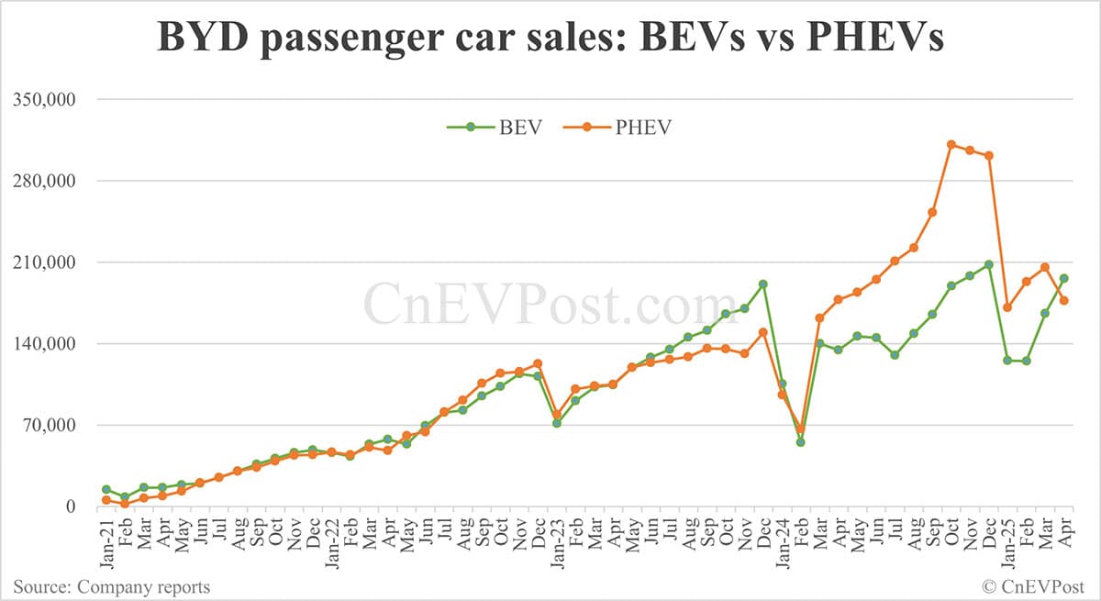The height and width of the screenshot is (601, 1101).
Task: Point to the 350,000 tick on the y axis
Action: [53, 99]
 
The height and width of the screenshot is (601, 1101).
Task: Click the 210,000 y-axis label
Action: [53, 262]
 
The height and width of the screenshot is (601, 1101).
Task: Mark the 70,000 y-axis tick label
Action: [57, 425]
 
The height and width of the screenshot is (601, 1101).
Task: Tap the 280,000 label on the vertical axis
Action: [53, 181]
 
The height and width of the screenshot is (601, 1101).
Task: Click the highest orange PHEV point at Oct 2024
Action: [951, 144]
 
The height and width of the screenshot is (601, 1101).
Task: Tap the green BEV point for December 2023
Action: [763, 284]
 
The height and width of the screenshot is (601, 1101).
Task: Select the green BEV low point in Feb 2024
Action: [801, 442]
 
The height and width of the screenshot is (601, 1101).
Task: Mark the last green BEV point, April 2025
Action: [1064, 278]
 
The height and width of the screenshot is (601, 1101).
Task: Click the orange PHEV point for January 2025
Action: [1007, 307]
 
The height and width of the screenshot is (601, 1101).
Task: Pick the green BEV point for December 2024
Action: [989, 264]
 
